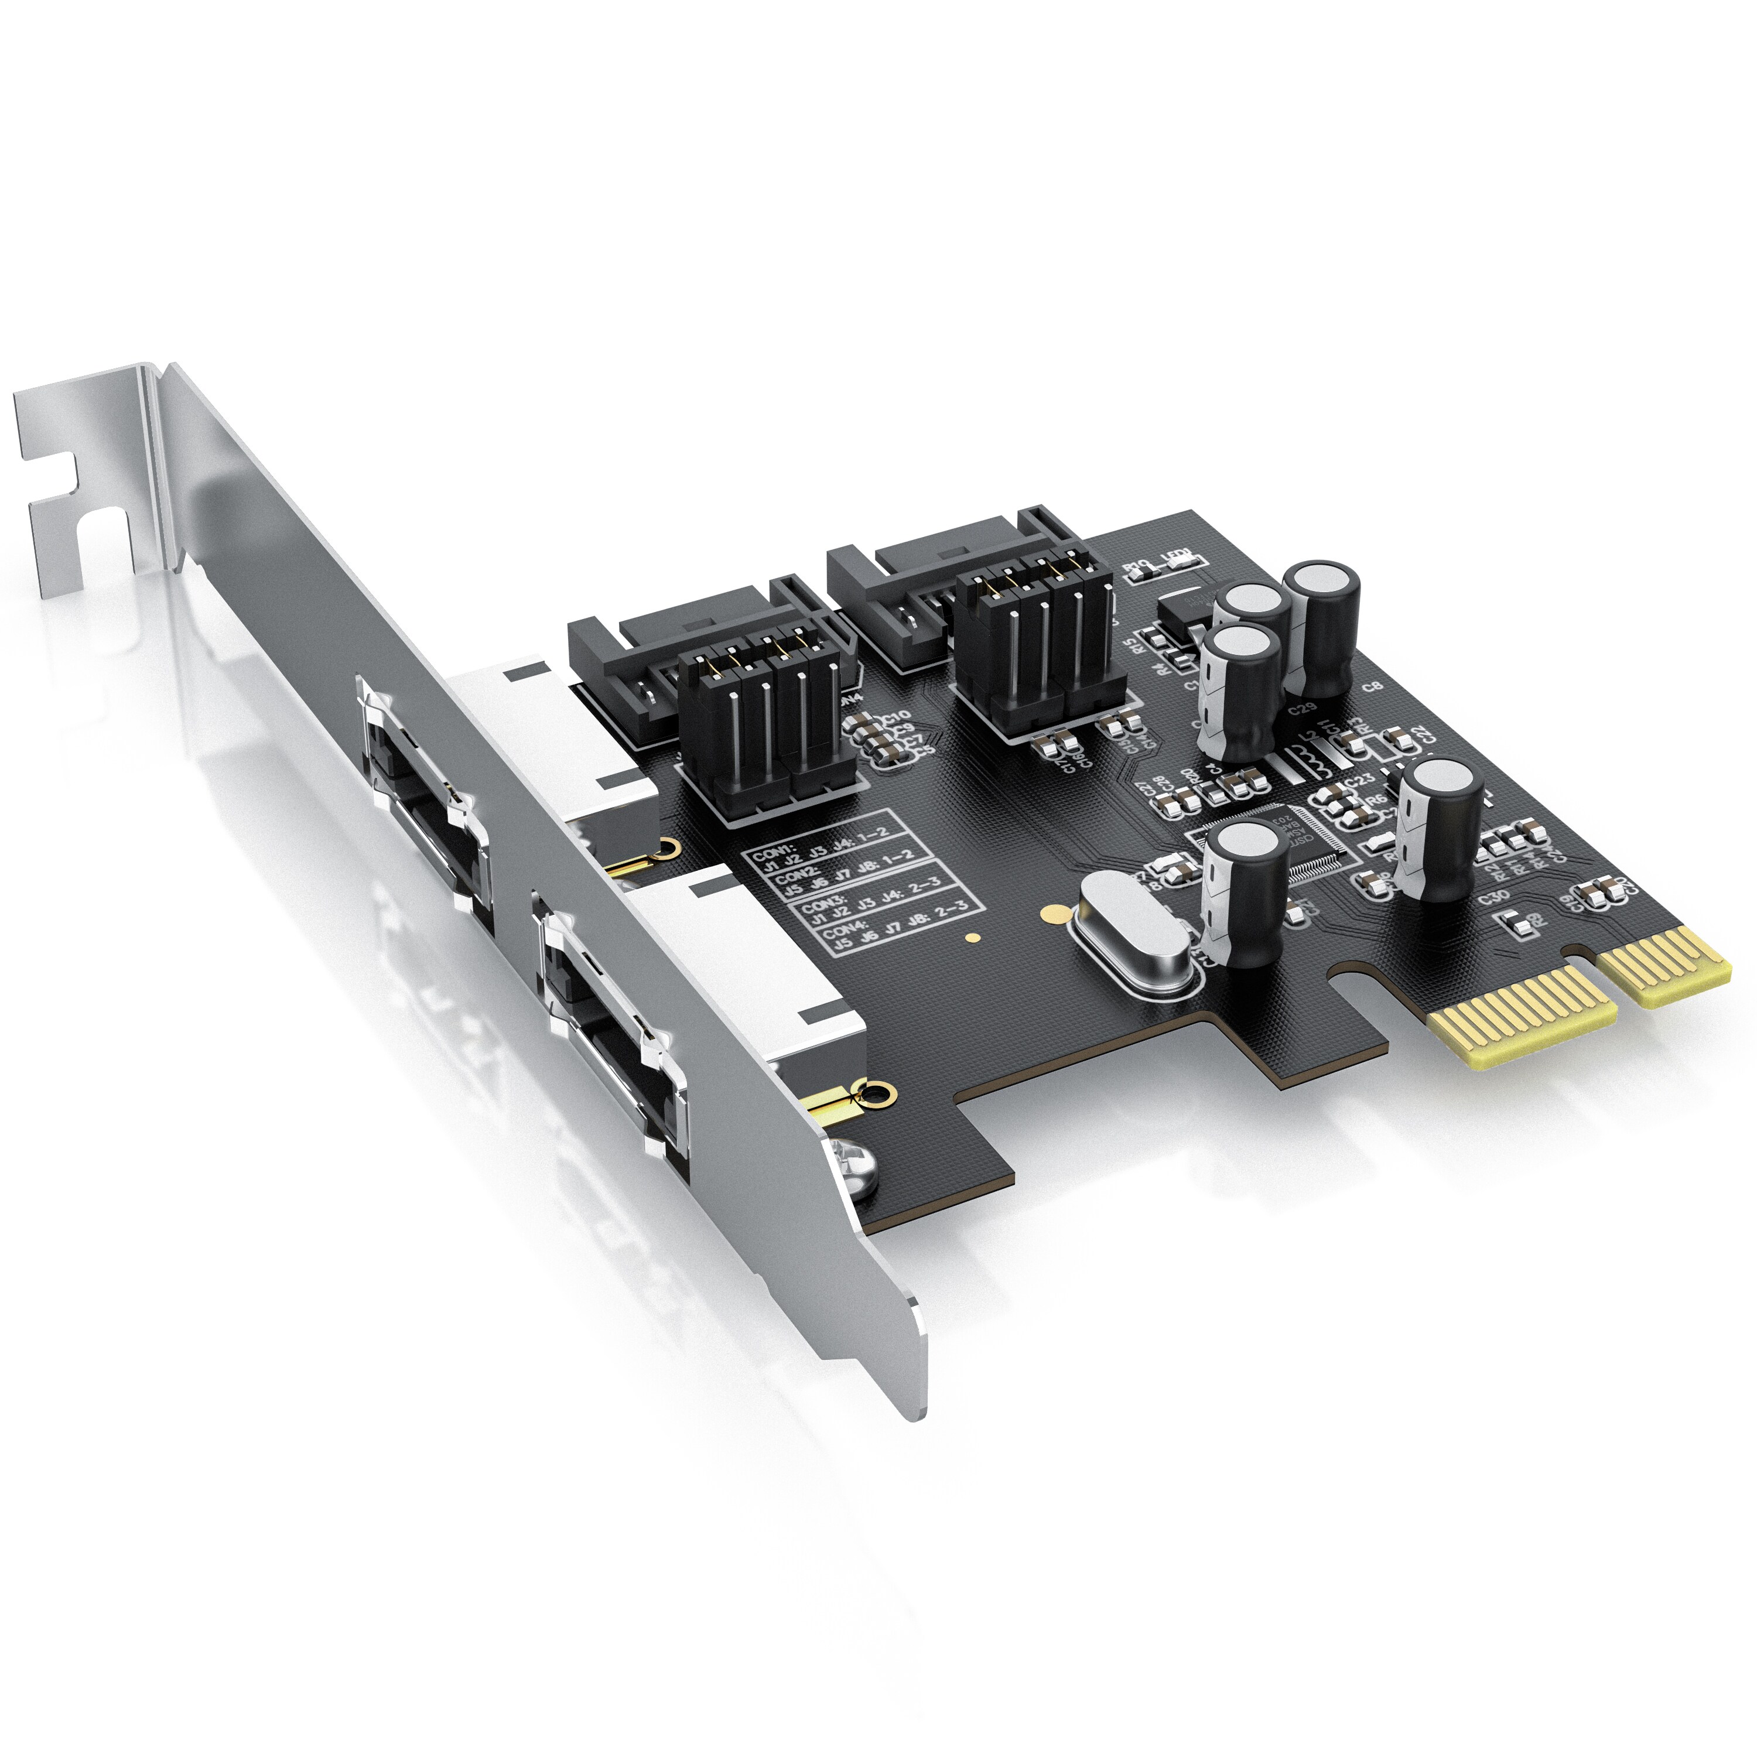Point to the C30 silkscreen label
[1493, 898]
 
